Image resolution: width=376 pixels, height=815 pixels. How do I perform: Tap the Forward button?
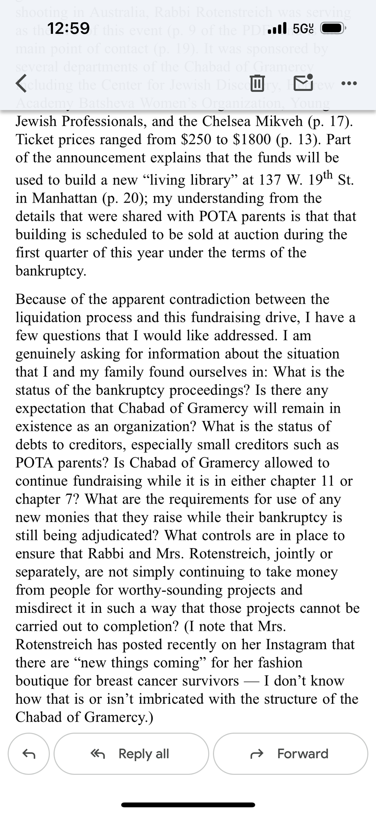click(290, 754)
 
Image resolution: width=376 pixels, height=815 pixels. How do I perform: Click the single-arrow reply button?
click(29, 754)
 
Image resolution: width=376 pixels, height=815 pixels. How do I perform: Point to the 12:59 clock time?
click(68, 29)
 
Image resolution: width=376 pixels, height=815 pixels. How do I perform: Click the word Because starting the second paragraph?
click(41, 299)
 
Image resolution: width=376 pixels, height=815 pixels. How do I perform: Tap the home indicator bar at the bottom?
click(188, 805)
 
